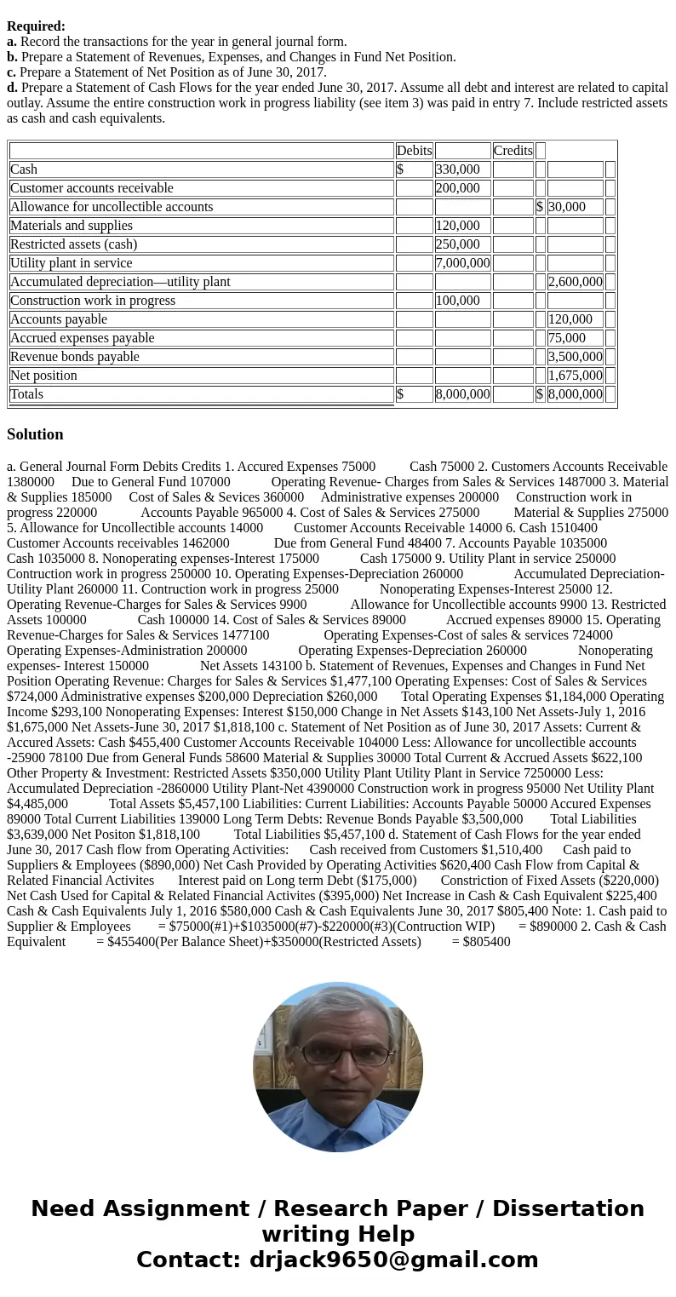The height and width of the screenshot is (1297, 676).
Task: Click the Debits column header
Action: pos(414,151)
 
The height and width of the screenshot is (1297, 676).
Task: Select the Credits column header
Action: pos(513,151)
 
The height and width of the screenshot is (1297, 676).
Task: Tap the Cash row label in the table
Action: pos(24,169)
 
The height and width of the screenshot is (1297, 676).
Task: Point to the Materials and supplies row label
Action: pos(72,226)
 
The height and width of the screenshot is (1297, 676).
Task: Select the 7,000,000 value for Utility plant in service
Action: pos(462,263)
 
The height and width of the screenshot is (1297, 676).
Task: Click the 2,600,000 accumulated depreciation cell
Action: pos(575,282)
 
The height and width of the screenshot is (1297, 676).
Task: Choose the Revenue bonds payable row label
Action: pos(75,357)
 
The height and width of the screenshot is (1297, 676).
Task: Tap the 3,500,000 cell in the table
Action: pos(575,357)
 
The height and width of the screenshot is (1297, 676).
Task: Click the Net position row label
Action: pos(43,376)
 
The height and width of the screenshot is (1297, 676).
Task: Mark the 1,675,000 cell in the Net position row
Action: pos(575,376)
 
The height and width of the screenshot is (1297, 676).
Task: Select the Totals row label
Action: pos(26,394)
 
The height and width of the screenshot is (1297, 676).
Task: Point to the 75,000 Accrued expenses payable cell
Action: pos(567,338)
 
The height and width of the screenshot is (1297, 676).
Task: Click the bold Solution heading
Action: pos(35,434)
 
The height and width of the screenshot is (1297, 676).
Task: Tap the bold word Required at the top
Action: pos(36,26)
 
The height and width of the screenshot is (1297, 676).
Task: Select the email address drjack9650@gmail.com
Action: pos(393,1260)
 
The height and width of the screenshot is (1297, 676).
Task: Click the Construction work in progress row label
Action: pos(93,301)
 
